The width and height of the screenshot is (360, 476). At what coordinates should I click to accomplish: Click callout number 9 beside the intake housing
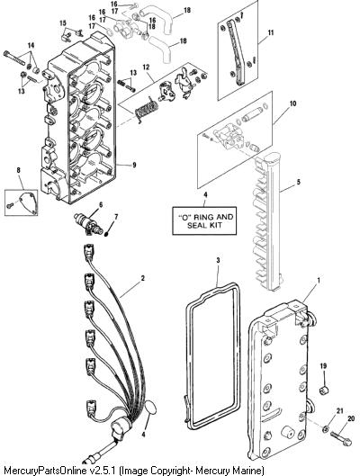click(x=134, y=166)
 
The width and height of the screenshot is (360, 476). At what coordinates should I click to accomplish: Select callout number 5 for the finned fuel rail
click(x=299, y=182)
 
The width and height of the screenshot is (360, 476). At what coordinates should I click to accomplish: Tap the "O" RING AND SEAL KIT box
click(x=204, y=221)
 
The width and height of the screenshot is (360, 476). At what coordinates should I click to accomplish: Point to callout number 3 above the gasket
click(x=218, y=260)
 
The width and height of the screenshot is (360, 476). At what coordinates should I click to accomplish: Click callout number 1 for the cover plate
click(x=318, y=281)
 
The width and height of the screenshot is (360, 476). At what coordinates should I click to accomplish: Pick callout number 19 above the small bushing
click(x=323, y=366)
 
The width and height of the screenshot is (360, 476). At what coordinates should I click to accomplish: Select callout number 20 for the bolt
click(x=351, y=419)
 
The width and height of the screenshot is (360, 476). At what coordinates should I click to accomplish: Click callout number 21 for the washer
click(x=340, y=411)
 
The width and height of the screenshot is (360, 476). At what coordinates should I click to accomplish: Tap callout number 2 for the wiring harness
click(x=143, y=278)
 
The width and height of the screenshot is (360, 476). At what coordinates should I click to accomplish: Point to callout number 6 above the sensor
click(x=100, y=204)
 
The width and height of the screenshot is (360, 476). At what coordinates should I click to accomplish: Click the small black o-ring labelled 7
click(x=107, y=234)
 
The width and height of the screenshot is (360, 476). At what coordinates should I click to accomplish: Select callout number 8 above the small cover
click(x=19, y=170)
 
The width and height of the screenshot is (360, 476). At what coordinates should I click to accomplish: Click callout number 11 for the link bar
click(x=271, y=32)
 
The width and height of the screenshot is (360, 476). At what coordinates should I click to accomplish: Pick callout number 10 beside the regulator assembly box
click(x=292, y=103)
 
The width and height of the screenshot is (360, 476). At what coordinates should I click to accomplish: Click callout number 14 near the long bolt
click(x=31, y=46)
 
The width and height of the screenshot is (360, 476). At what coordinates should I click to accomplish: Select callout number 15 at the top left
click(x=62, y=23)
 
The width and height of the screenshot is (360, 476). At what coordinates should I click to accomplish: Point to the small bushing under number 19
click(x=325, y=391)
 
